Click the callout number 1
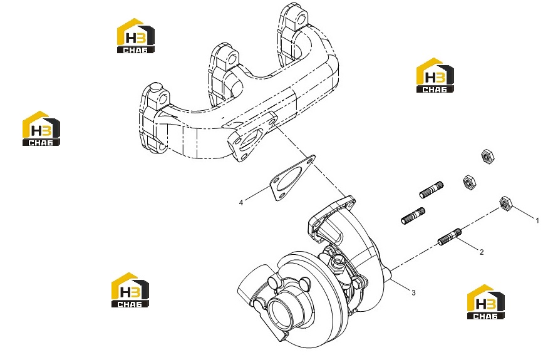point(537,220)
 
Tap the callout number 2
point(482,252)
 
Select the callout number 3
point(413,292)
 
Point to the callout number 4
point(240,203)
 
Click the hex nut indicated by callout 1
point(505,203)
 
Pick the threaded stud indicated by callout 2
point(450,236)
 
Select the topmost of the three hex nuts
point(487,156)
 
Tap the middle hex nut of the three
point(468,182)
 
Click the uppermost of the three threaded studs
point(432,190)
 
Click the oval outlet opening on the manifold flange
point(251,140)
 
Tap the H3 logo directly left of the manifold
point(41,128)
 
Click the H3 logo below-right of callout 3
point(486,302)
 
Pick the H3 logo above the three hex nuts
point(435,75)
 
